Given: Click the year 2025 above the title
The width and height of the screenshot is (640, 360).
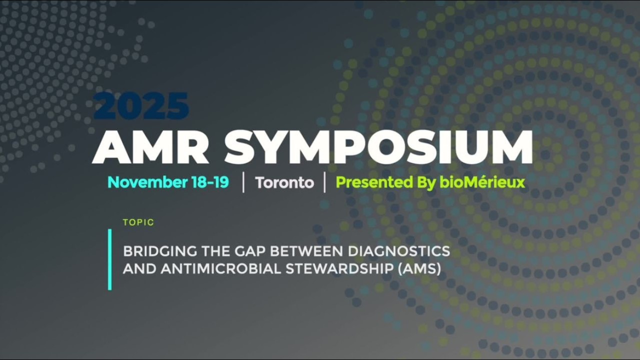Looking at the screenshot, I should click(141, 105).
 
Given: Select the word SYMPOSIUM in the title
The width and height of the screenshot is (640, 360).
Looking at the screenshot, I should click(378, 147).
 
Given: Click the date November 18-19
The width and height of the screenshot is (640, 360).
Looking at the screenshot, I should click(168, 182).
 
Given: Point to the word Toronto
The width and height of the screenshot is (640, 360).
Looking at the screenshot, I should click(284, 182).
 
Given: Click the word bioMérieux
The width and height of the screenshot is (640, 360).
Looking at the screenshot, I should click(482, 182).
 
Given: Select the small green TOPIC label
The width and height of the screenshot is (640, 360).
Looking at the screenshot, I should click(138, 222).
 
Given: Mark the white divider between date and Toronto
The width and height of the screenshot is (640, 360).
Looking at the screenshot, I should click(243, 182).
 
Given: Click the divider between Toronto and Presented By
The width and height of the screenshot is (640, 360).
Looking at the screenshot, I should click(324, 182).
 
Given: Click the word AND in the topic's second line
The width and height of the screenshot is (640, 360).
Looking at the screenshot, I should click(139, 268).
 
